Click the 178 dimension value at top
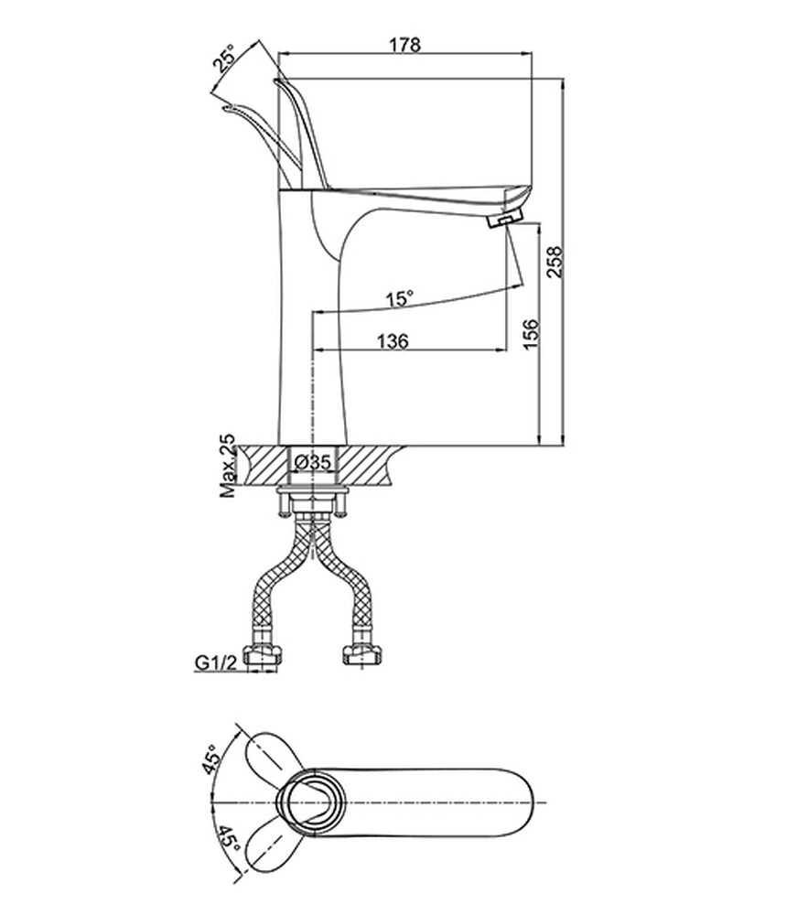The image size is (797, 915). coord(405,44)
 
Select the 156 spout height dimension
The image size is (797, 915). coord(531,334)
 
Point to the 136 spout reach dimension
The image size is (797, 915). coord(393,340)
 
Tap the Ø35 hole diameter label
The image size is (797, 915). coord(313,463)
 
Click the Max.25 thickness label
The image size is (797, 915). coord(228,465)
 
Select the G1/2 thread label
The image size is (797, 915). coord(215,662)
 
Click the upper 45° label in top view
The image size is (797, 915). coord(212,759)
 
